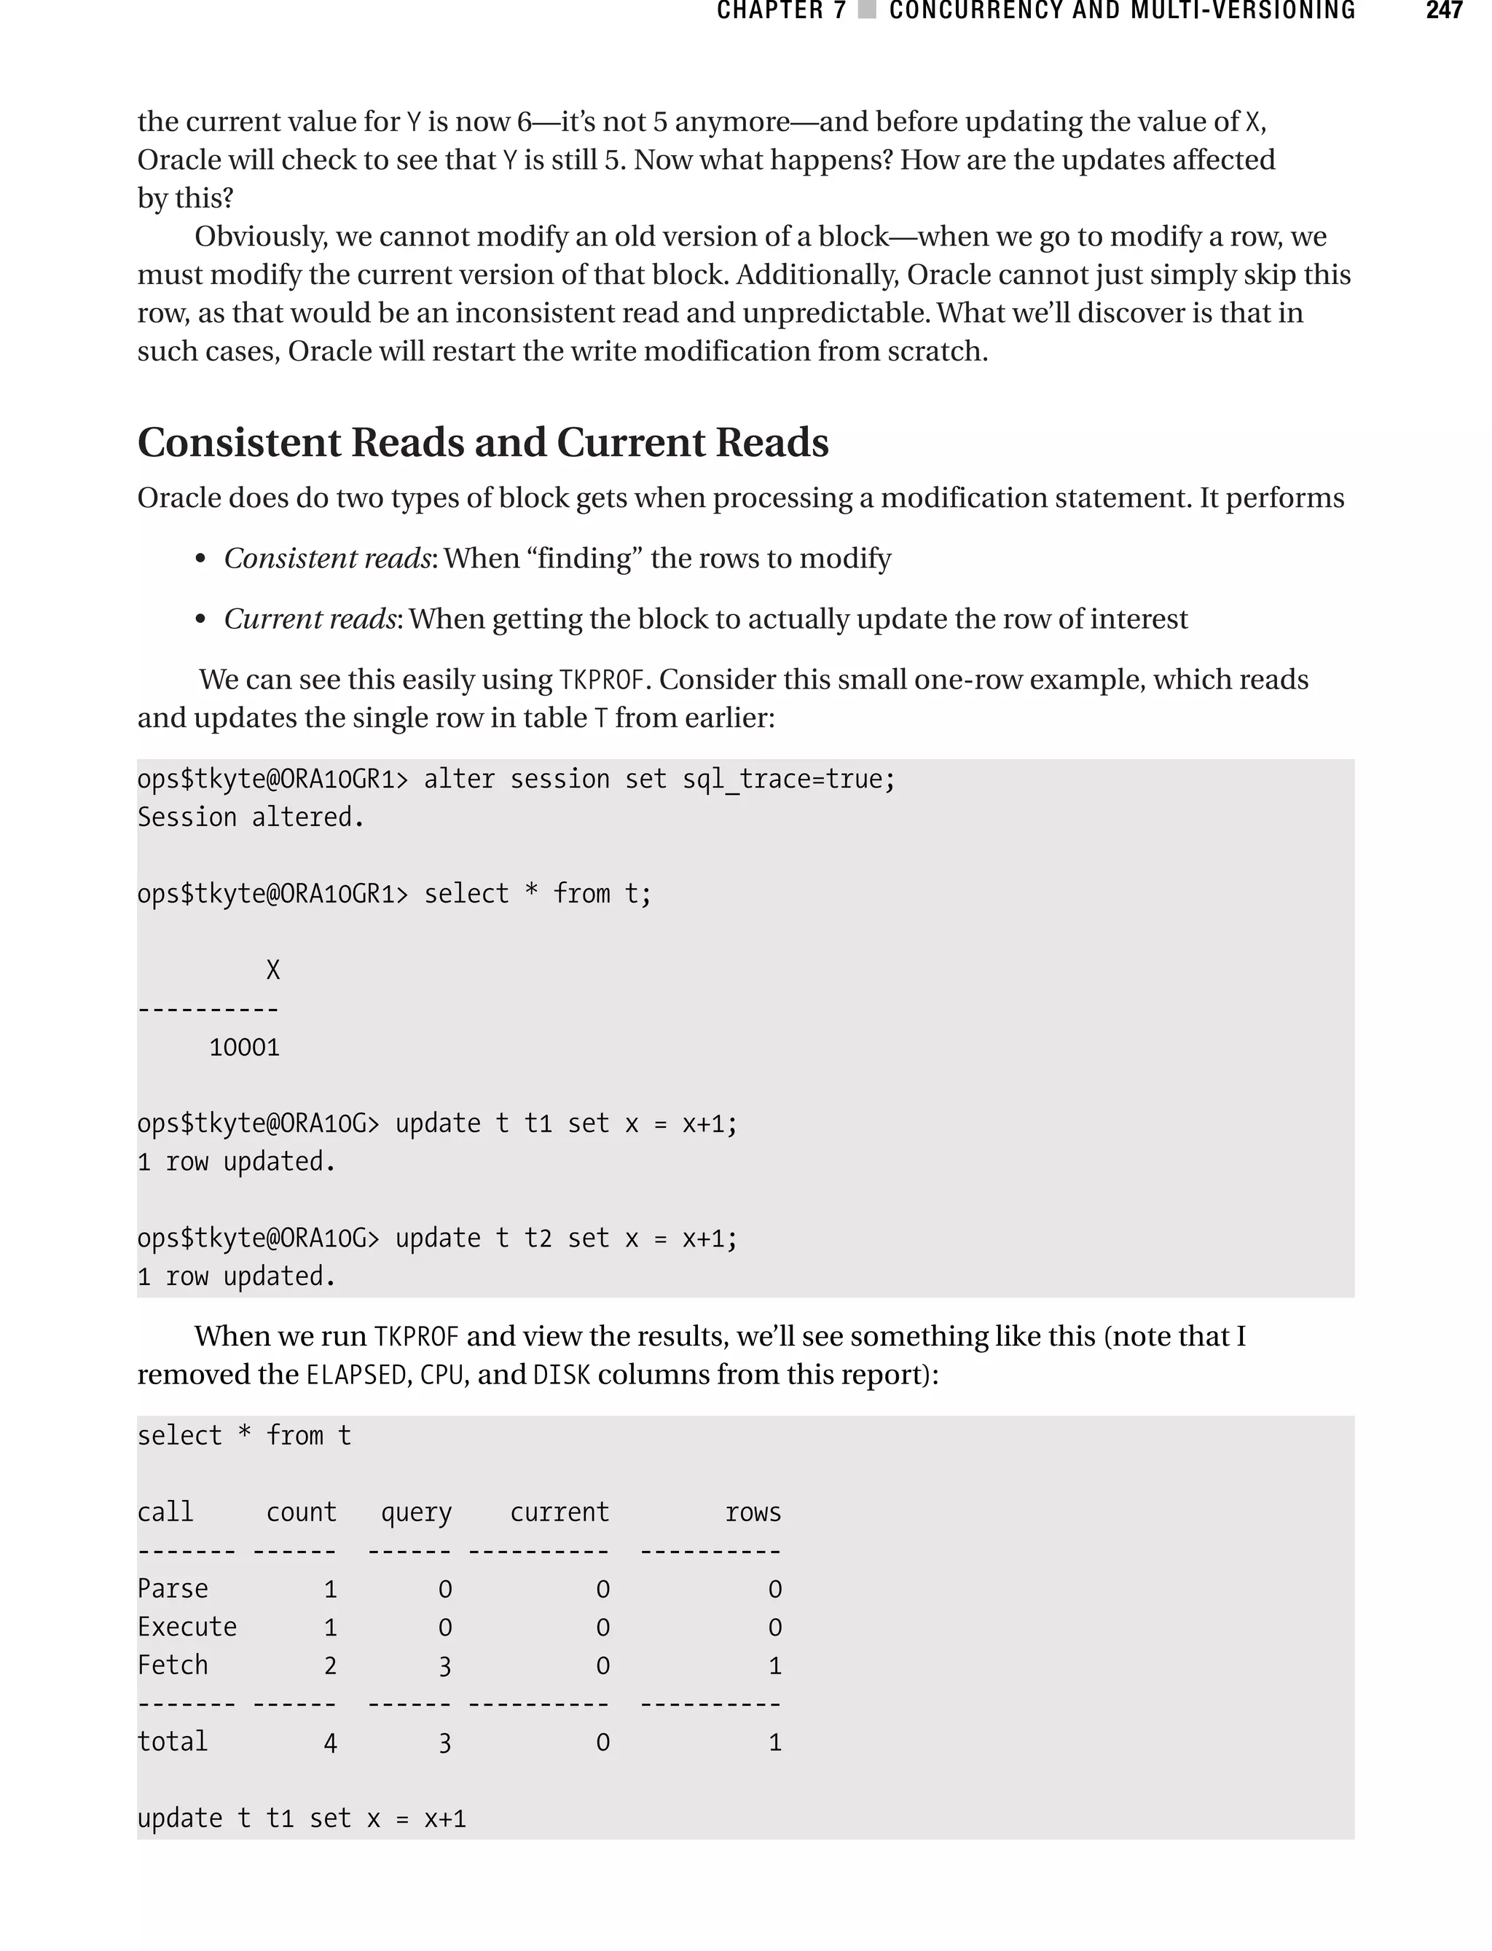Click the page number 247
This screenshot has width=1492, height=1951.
click(1444, 11)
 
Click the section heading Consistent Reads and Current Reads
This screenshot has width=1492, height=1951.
click(483, 442)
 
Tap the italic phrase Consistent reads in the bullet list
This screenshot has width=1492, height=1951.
click(327, 559)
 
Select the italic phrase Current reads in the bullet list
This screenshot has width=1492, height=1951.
click(309, 619)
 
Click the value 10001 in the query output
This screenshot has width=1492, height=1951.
click(244, 1048)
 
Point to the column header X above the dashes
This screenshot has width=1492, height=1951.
click(272, 970)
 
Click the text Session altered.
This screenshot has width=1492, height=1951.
click(251, 817)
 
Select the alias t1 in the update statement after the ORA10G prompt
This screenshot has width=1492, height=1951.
click(538, 1123)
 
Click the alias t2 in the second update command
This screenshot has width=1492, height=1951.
click(538, 1238)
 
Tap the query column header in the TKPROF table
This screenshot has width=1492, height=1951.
click(416, 1512)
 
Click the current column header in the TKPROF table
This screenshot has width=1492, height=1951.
click(559, 1512)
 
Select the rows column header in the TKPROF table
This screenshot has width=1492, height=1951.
click(753, 1512)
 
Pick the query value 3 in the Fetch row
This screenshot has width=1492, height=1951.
click(445, 1667)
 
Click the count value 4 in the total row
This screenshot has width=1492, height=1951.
click(329, 1743)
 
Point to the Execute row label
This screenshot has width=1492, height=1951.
click(186, 1627)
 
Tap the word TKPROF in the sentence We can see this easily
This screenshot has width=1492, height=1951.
click(601, 680)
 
